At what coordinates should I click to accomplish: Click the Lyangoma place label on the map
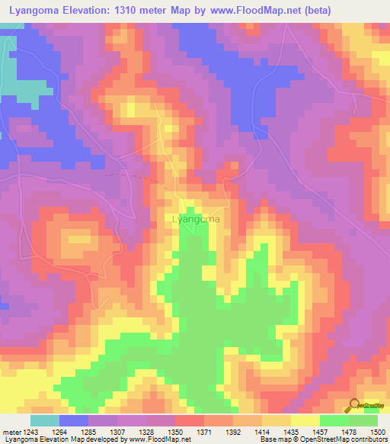tap(197, 219)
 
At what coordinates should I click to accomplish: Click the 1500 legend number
tap(376, 430)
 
